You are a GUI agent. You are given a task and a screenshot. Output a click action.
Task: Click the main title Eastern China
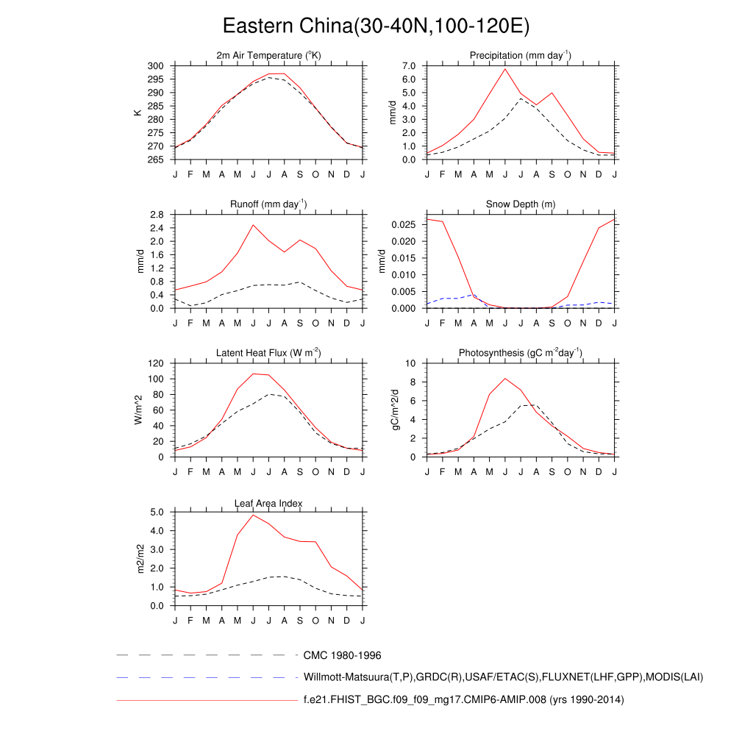tap(376, 26)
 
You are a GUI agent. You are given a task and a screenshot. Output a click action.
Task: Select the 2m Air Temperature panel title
tap(268, 56)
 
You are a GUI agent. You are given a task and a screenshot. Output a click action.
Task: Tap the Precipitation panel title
tap(521, 56)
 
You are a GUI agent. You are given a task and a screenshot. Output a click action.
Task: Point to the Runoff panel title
tap(268, 204)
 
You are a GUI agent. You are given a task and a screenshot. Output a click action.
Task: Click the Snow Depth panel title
tap(521, 204)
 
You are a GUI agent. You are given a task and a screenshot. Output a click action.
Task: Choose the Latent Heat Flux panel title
tap(268, 354)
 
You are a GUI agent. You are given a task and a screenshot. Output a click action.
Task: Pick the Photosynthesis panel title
tap(521, 354)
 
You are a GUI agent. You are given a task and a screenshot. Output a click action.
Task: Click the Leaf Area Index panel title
tap(268, 504)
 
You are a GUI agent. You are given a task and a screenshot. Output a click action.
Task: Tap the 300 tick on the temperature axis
tap(154, 66)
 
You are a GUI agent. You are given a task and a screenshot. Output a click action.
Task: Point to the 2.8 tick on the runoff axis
tap(156, 215)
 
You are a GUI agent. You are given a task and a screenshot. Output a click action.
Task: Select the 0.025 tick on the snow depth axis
tap(403, 224)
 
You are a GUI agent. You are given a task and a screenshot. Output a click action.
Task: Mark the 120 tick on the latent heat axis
tap(154, 363)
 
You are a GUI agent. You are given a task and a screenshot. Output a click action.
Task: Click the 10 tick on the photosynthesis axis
tap(412, 363)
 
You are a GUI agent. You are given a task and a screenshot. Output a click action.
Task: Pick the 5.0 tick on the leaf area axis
tap(156, 513)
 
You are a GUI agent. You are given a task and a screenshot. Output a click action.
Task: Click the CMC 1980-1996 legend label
tap(342, 654)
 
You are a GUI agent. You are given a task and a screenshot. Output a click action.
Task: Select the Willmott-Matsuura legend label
tap(504, 677)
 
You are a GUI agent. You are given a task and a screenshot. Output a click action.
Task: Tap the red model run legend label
tap(463, 700)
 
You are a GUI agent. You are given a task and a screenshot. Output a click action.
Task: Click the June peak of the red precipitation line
tap(505, 69)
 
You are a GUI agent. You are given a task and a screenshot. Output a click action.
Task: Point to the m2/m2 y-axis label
tap(140, 559)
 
